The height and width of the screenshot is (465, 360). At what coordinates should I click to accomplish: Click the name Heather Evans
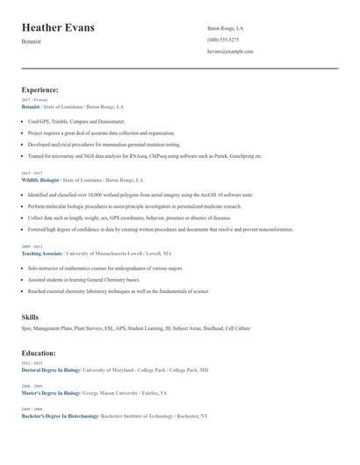point(58,28)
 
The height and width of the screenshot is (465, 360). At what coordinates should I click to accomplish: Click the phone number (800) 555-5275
point(223,39)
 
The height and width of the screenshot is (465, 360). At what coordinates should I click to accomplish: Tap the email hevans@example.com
point(230,51)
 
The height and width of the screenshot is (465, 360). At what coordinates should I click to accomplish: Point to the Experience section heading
point(40,89)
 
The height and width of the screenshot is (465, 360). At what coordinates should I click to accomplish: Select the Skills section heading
point(30,317)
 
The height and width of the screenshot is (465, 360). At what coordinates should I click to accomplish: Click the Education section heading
point(39,353)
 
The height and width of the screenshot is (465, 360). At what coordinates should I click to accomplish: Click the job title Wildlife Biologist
point(40,179)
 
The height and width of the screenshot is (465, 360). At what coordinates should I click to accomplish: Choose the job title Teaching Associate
point(42,253)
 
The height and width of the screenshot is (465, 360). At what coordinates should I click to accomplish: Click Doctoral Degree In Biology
point(50,370)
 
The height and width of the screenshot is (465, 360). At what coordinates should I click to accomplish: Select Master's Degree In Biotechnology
point(50,393)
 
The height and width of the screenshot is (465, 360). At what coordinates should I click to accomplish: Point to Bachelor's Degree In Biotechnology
point(60,416)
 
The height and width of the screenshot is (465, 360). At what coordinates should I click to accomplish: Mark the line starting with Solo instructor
point(105,268)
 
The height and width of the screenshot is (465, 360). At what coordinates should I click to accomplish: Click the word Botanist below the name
point(32,41)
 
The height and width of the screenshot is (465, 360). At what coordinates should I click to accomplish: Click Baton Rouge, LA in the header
point(225,28)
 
